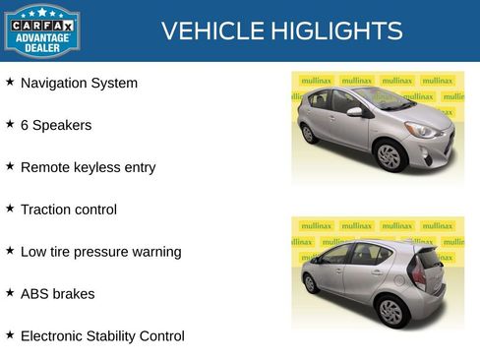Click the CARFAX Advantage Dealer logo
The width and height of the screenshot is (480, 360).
click(x=41, y=30)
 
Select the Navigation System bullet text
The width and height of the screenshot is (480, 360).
click(x=79, y=84)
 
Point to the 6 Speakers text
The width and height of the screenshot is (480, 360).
click(x=56, y=126)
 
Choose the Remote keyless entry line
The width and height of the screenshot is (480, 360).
click(x=88, y=167)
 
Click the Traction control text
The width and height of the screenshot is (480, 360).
click(x=69, y=210)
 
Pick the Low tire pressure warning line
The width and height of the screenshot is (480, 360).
click(x=100, y=252)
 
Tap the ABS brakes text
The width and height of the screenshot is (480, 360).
click(x=58, y=294)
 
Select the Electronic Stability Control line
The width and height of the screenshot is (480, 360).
click(x=102, y=336)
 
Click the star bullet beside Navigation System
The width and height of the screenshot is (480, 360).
click(x=10, y=83)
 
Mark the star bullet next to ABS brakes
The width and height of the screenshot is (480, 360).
click(x=10, y=293)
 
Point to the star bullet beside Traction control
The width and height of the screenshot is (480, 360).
click(x=10, y=209)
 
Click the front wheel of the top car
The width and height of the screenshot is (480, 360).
click(x=390, y=155)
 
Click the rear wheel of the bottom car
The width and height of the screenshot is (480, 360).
click(x=391, y=311)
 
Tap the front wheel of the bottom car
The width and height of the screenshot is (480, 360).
click(x=311, y=283)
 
